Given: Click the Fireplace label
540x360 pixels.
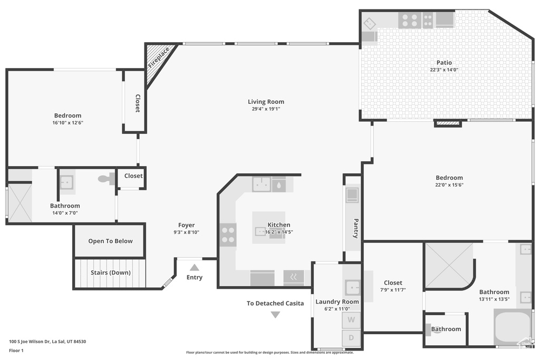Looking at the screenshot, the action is (159, 57).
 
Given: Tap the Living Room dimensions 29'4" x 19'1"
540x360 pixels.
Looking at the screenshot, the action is (266, 109).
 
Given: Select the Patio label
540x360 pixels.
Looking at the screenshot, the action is (444, 63).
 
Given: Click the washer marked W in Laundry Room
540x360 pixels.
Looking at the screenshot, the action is (351, 320).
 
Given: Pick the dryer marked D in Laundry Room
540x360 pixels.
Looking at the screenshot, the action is (351, 338).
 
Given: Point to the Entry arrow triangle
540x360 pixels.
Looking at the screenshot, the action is (194, 267).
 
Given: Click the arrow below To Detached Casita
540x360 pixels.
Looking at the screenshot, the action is (275, 315).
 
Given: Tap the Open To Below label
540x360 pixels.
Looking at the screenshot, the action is (110, 241).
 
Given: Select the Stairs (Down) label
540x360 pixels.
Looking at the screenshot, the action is (111, 273).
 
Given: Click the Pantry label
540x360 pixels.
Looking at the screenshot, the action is (356, 228).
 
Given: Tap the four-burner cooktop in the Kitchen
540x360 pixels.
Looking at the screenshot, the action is (228, 235).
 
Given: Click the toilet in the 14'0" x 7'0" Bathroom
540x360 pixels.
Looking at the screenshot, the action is (107, 179).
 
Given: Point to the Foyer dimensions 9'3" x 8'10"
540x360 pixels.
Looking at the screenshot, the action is (186, 232).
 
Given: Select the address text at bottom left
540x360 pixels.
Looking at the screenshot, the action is (47, 342).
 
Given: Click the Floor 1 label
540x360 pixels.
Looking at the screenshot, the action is (16, 351).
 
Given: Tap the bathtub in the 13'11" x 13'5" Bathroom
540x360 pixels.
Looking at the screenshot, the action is (513, 327).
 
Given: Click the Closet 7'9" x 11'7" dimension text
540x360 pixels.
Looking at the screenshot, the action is (393, 290).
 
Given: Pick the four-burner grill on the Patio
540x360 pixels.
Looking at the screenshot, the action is (409, 21).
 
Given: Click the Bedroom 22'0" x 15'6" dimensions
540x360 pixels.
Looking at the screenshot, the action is (449, 185).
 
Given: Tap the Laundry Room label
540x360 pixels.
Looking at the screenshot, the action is (337, 302).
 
